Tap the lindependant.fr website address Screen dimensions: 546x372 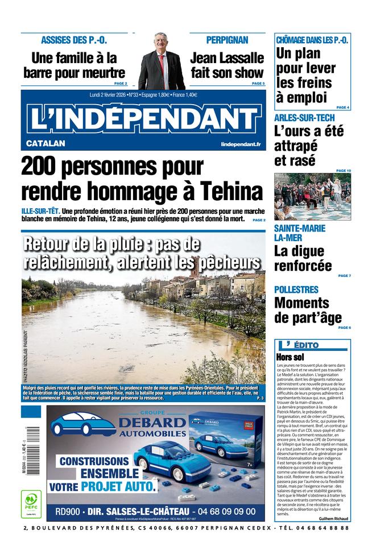click(241, 144)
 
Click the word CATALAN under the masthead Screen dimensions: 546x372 click(46, 143)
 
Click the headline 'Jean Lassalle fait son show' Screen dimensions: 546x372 click(227, 65)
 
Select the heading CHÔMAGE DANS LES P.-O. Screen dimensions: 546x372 click(312, 40)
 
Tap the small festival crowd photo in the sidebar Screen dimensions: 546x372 click(312, 197)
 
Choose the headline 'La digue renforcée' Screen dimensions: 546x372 click(303, 258)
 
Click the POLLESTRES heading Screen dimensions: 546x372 click(296, 289)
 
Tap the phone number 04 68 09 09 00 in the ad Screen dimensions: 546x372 click(228, 511)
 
